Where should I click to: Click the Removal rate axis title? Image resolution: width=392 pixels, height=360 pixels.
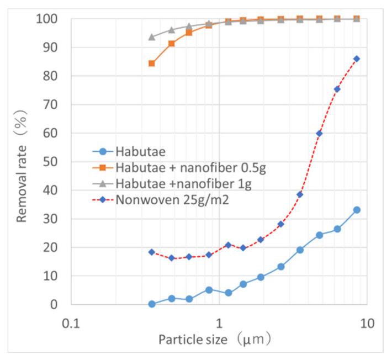click(x=22, y=161)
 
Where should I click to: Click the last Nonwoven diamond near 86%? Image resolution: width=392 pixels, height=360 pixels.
click(x=357, y=59)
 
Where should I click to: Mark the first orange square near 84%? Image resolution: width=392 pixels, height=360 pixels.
click(x=152, y=63)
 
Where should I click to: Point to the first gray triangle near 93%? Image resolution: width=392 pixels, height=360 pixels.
click(x=152, y=37)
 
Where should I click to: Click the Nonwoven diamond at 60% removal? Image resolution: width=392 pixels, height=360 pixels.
click(x=319, y=133)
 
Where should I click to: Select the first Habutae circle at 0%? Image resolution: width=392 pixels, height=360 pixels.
click(x=152, y=304)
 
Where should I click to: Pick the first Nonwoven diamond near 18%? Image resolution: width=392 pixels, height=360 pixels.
click(x=152, y=252)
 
